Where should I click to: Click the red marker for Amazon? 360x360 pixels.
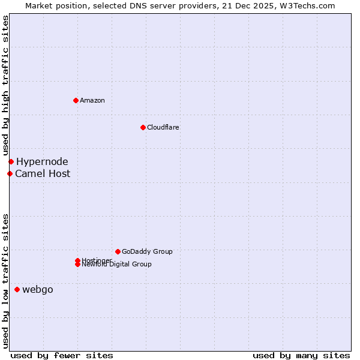(76, 100)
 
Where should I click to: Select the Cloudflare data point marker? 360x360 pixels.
(143, 127)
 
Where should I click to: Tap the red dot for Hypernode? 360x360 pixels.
(11, 161)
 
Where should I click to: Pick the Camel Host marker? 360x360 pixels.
(10, 173)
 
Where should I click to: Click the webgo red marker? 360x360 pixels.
(17, 289)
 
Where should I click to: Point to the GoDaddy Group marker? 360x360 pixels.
(118, 251)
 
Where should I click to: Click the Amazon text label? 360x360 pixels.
(92, 100)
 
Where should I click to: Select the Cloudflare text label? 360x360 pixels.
(163, 127)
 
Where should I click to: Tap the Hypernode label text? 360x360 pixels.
(42, 161)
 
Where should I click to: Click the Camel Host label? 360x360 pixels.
(43, 173)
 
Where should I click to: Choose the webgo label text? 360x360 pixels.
(38, 289)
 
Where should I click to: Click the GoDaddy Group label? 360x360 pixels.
(147, 251)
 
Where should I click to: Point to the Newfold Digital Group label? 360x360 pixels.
(117, 265)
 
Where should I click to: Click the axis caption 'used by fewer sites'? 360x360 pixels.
(62, 355)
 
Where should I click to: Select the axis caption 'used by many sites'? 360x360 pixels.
(301, 355)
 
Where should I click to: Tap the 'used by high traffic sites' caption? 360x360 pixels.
(5, 85)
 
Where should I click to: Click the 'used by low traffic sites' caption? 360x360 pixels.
(5, 281)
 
